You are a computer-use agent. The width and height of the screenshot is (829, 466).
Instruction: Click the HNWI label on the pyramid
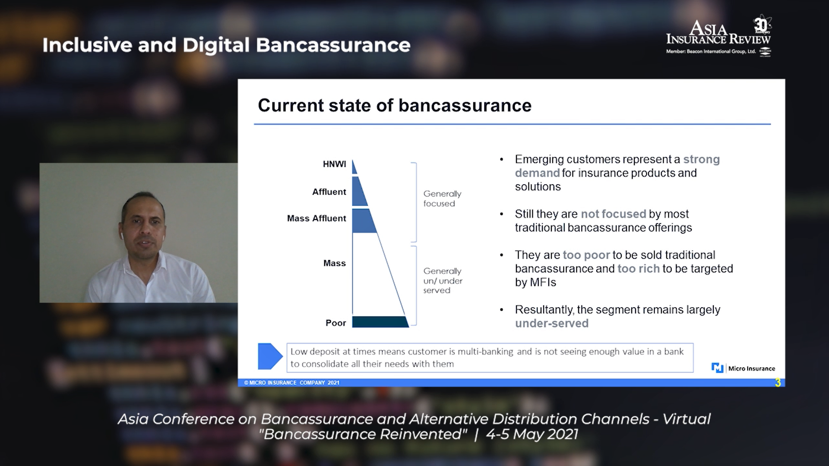(334, 164)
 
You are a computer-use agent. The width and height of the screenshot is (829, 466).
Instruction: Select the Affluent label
(329, 192)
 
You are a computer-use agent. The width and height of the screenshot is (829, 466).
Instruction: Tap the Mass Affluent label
(316, 218)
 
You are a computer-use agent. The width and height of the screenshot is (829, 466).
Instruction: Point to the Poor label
(335, 323)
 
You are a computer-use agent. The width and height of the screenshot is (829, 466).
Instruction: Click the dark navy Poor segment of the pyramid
(380, 322)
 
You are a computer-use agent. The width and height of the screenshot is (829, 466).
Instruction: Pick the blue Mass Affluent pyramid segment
(363, 221)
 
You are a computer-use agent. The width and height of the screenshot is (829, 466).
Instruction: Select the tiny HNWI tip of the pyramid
(354, 167)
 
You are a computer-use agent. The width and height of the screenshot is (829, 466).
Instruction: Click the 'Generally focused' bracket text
(442, 198)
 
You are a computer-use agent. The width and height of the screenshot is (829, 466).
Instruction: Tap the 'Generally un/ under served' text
(443, 280)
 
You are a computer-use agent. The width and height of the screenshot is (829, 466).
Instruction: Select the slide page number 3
(778, 383)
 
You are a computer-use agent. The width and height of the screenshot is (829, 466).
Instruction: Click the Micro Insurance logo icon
(717, 368)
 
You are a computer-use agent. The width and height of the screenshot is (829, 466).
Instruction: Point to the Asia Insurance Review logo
(718, 36)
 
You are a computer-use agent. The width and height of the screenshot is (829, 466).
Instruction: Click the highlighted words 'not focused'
(614, 214)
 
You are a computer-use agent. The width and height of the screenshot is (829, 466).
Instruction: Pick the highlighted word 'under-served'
(552, 324)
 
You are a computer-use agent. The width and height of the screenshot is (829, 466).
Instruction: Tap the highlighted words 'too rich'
(639, 269)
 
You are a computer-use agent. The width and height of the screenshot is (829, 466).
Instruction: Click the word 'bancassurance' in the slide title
(465, 106)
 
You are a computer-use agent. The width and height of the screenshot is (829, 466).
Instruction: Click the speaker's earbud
(122, 236)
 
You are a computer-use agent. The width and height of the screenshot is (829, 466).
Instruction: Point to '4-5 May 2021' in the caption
(532, 434)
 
